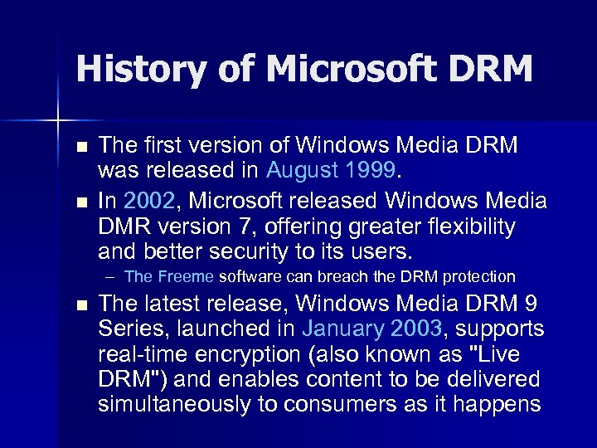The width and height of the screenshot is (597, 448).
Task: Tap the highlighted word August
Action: point(303,170)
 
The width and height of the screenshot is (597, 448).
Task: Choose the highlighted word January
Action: point(340,329)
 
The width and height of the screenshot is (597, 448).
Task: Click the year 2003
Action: point(415,329)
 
